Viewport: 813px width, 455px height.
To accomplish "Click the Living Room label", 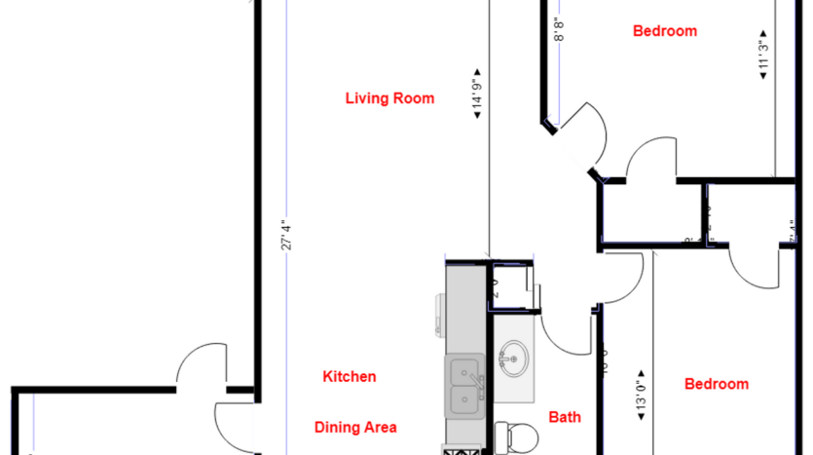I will point(389,98).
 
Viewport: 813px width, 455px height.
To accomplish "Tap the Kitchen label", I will point(349,376).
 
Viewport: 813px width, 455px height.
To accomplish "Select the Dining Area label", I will point(355,427).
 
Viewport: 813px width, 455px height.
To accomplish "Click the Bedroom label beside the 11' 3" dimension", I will point(664,31).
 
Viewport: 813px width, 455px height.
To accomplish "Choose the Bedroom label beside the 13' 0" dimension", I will point(716,384).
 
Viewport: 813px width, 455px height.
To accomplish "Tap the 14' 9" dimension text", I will point(478,94).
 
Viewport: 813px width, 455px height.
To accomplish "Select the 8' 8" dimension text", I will point(558,30).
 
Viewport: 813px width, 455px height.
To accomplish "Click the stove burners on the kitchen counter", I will point(462,449).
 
